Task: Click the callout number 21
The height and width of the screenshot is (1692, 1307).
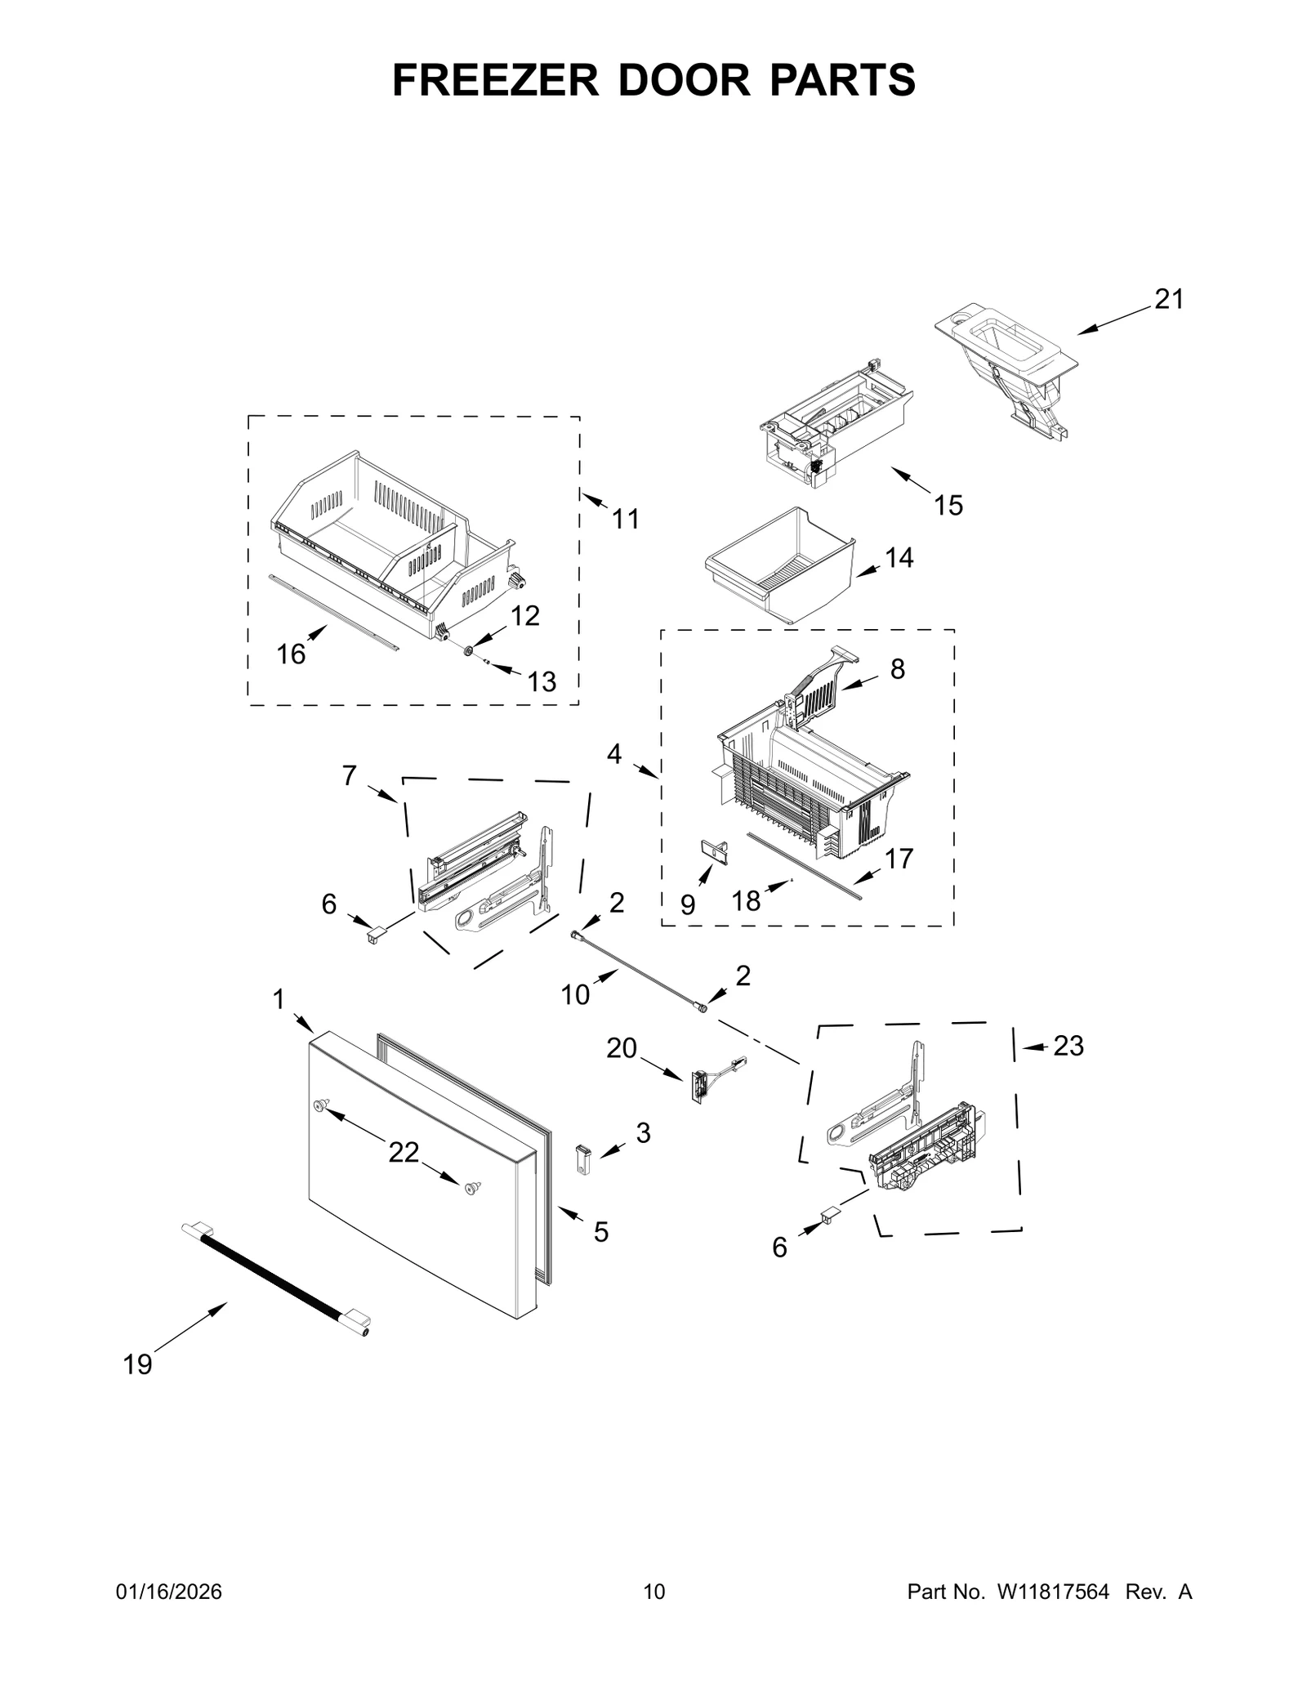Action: point(1168,300)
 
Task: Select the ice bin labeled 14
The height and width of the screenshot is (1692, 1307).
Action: point(780,567)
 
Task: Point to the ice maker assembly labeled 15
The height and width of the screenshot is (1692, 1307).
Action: point(833,425)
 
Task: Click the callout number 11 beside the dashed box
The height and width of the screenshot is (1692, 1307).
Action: point(625,519)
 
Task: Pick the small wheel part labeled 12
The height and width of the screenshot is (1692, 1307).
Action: point(469,650)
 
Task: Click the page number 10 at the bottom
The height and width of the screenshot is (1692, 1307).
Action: point(653,1592)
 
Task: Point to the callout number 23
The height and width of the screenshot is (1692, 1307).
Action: point(1068,1045)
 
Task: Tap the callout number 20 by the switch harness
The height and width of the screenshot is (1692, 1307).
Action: point(621,1047)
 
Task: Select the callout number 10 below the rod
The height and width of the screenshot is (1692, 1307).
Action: point(575,994)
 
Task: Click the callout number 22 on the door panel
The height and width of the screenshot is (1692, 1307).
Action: point(404,1152)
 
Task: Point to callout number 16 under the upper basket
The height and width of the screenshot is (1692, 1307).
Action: point(291,654)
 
